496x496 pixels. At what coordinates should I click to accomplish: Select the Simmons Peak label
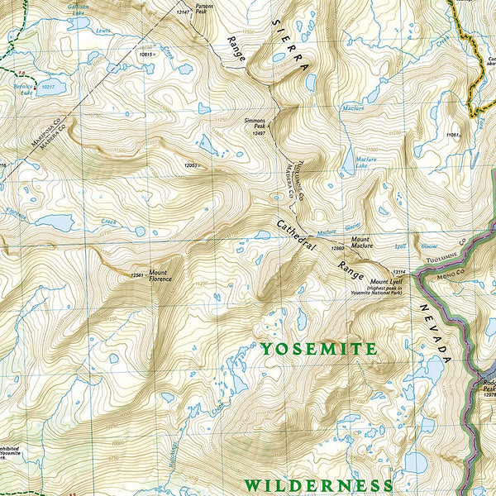pyautogui.click(x=255, y=123)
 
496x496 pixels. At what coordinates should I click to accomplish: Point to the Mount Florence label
pyautogui.click(x=160, y=275)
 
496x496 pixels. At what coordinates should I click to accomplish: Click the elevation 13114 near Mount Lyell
pyautogui.click(x=401, y=272)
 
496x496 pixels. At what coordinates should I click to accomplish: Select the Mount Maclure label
pyautogui.click(x=366, y=242)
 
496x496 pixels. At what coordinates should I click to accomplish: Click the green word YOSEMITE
pyautogui.click(x=318, y=350)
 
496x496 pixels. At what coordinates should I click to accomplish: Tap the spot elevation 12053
pyautogui.click(x=192, y=165)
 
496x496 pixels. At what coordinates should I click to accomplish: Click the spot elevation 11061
pyautogui.click(x=452, y=134)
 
